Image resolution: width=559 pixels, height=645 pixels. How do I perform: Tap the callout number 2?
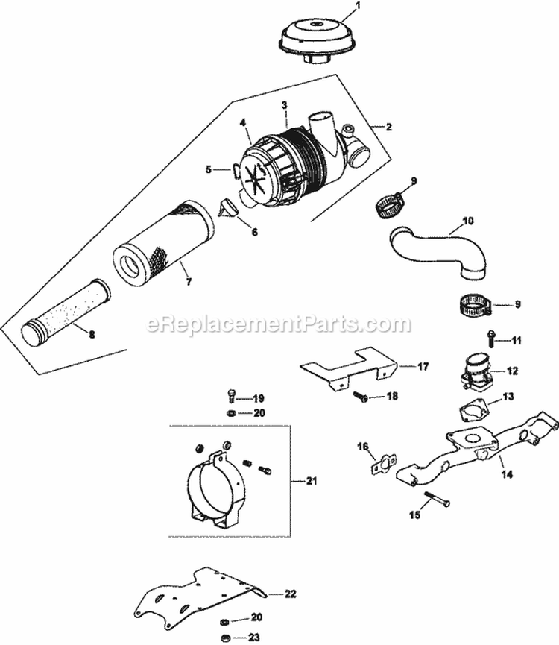[388, 127]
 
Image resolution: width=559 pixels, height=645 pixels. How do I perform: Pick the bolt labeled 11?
[492, 340]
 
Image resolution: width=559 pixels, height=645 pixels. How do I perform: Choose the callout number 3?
[284, 106]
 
